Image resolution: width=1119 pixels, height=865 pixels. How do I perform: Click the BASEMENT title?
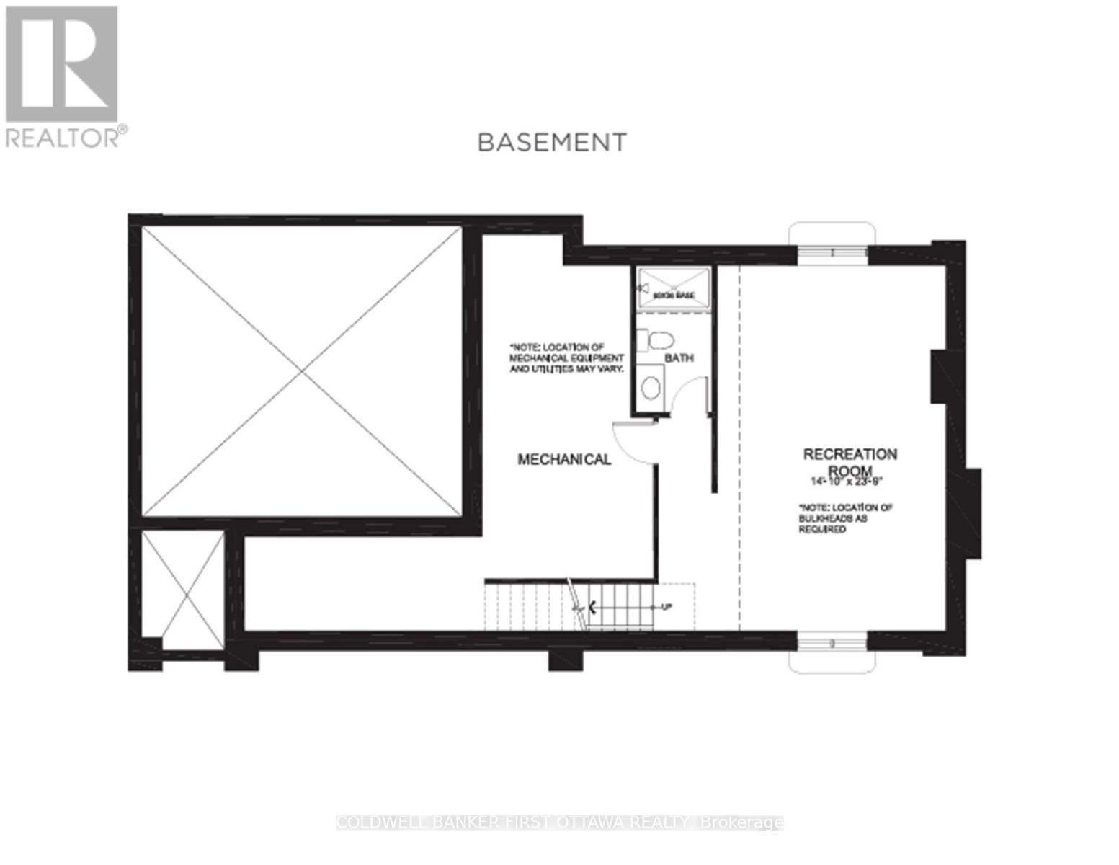pos(552,142)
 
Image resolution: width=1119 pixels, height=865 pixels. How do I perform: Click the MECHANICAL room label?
pos(564,459)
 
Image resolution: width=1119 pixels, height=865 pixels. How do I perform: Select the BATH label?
pos(679,358)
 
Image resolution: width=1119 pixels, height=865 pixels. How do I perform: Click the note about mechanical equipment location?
pos(566,358)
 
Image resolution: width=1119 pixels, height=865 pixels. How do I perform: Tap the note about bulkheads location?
pos(845,518)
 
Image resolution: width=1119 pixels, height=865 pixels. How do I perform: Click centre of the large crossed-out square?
pos(301,371)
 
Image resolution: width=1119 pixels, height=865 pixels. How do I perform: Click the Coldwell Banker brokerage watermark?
pos(560,822)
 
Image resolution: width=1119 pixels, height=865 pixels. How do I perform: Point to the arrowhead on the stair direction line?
pos(593,607)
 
